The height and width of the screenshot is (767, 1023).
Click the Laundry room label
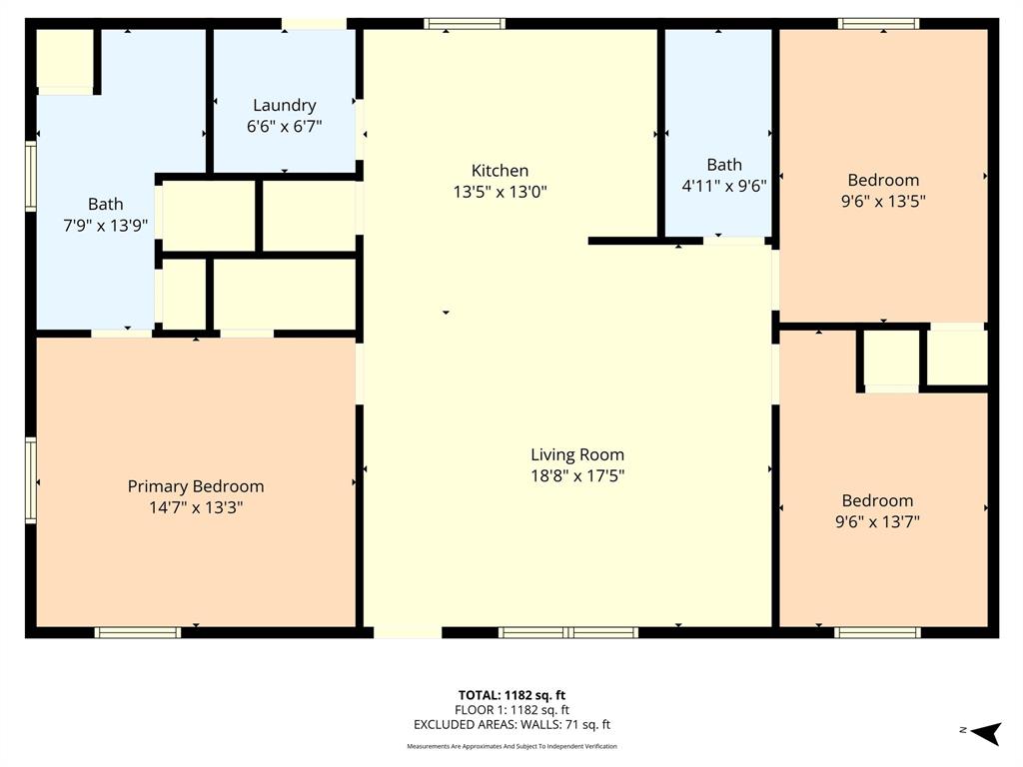(285, 105)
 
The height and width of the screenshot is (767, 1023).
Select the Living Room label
(577, 454)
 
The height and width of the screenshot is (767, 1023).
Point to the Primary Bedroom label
(196, 486)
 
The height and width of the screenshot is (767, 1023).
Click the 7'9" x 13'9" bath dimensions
(106, 226)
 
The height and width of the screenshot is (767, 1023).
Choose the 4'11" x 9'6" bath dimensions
(724, 185)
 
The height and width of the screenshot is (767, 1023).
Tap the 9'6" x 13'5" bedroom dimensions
(883, 201)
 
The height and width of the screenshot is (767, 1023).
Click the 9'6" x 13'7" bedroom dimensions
(877, 521)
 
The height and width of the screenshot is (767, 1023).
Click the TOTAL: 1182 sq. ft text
(511, 695)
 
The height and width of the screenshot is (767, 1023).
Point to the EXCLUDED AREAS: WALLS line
(511, 725)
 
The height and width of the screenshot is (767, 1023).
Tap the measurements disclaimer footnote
(511, 746)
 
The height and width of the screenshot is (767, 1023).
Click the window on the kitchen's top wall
(465, 24)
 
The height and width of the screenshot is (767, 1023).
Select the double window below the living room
(568, 632)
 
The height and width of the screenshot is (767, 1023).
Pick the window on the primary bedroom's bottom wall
(138, 632)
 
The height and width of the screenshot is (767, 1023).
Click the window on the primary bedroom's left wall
(31, 480)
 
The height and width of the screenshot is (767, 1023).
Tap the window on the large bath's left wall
(31, 177)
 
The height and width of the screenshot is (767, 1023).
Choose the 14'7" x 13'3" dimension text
(196, 507)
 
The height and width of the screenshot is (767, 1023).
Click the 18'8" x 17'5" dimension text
(577, 475)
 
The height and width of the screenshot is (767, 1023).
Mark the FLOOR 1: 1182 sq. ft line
(511, 710)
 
